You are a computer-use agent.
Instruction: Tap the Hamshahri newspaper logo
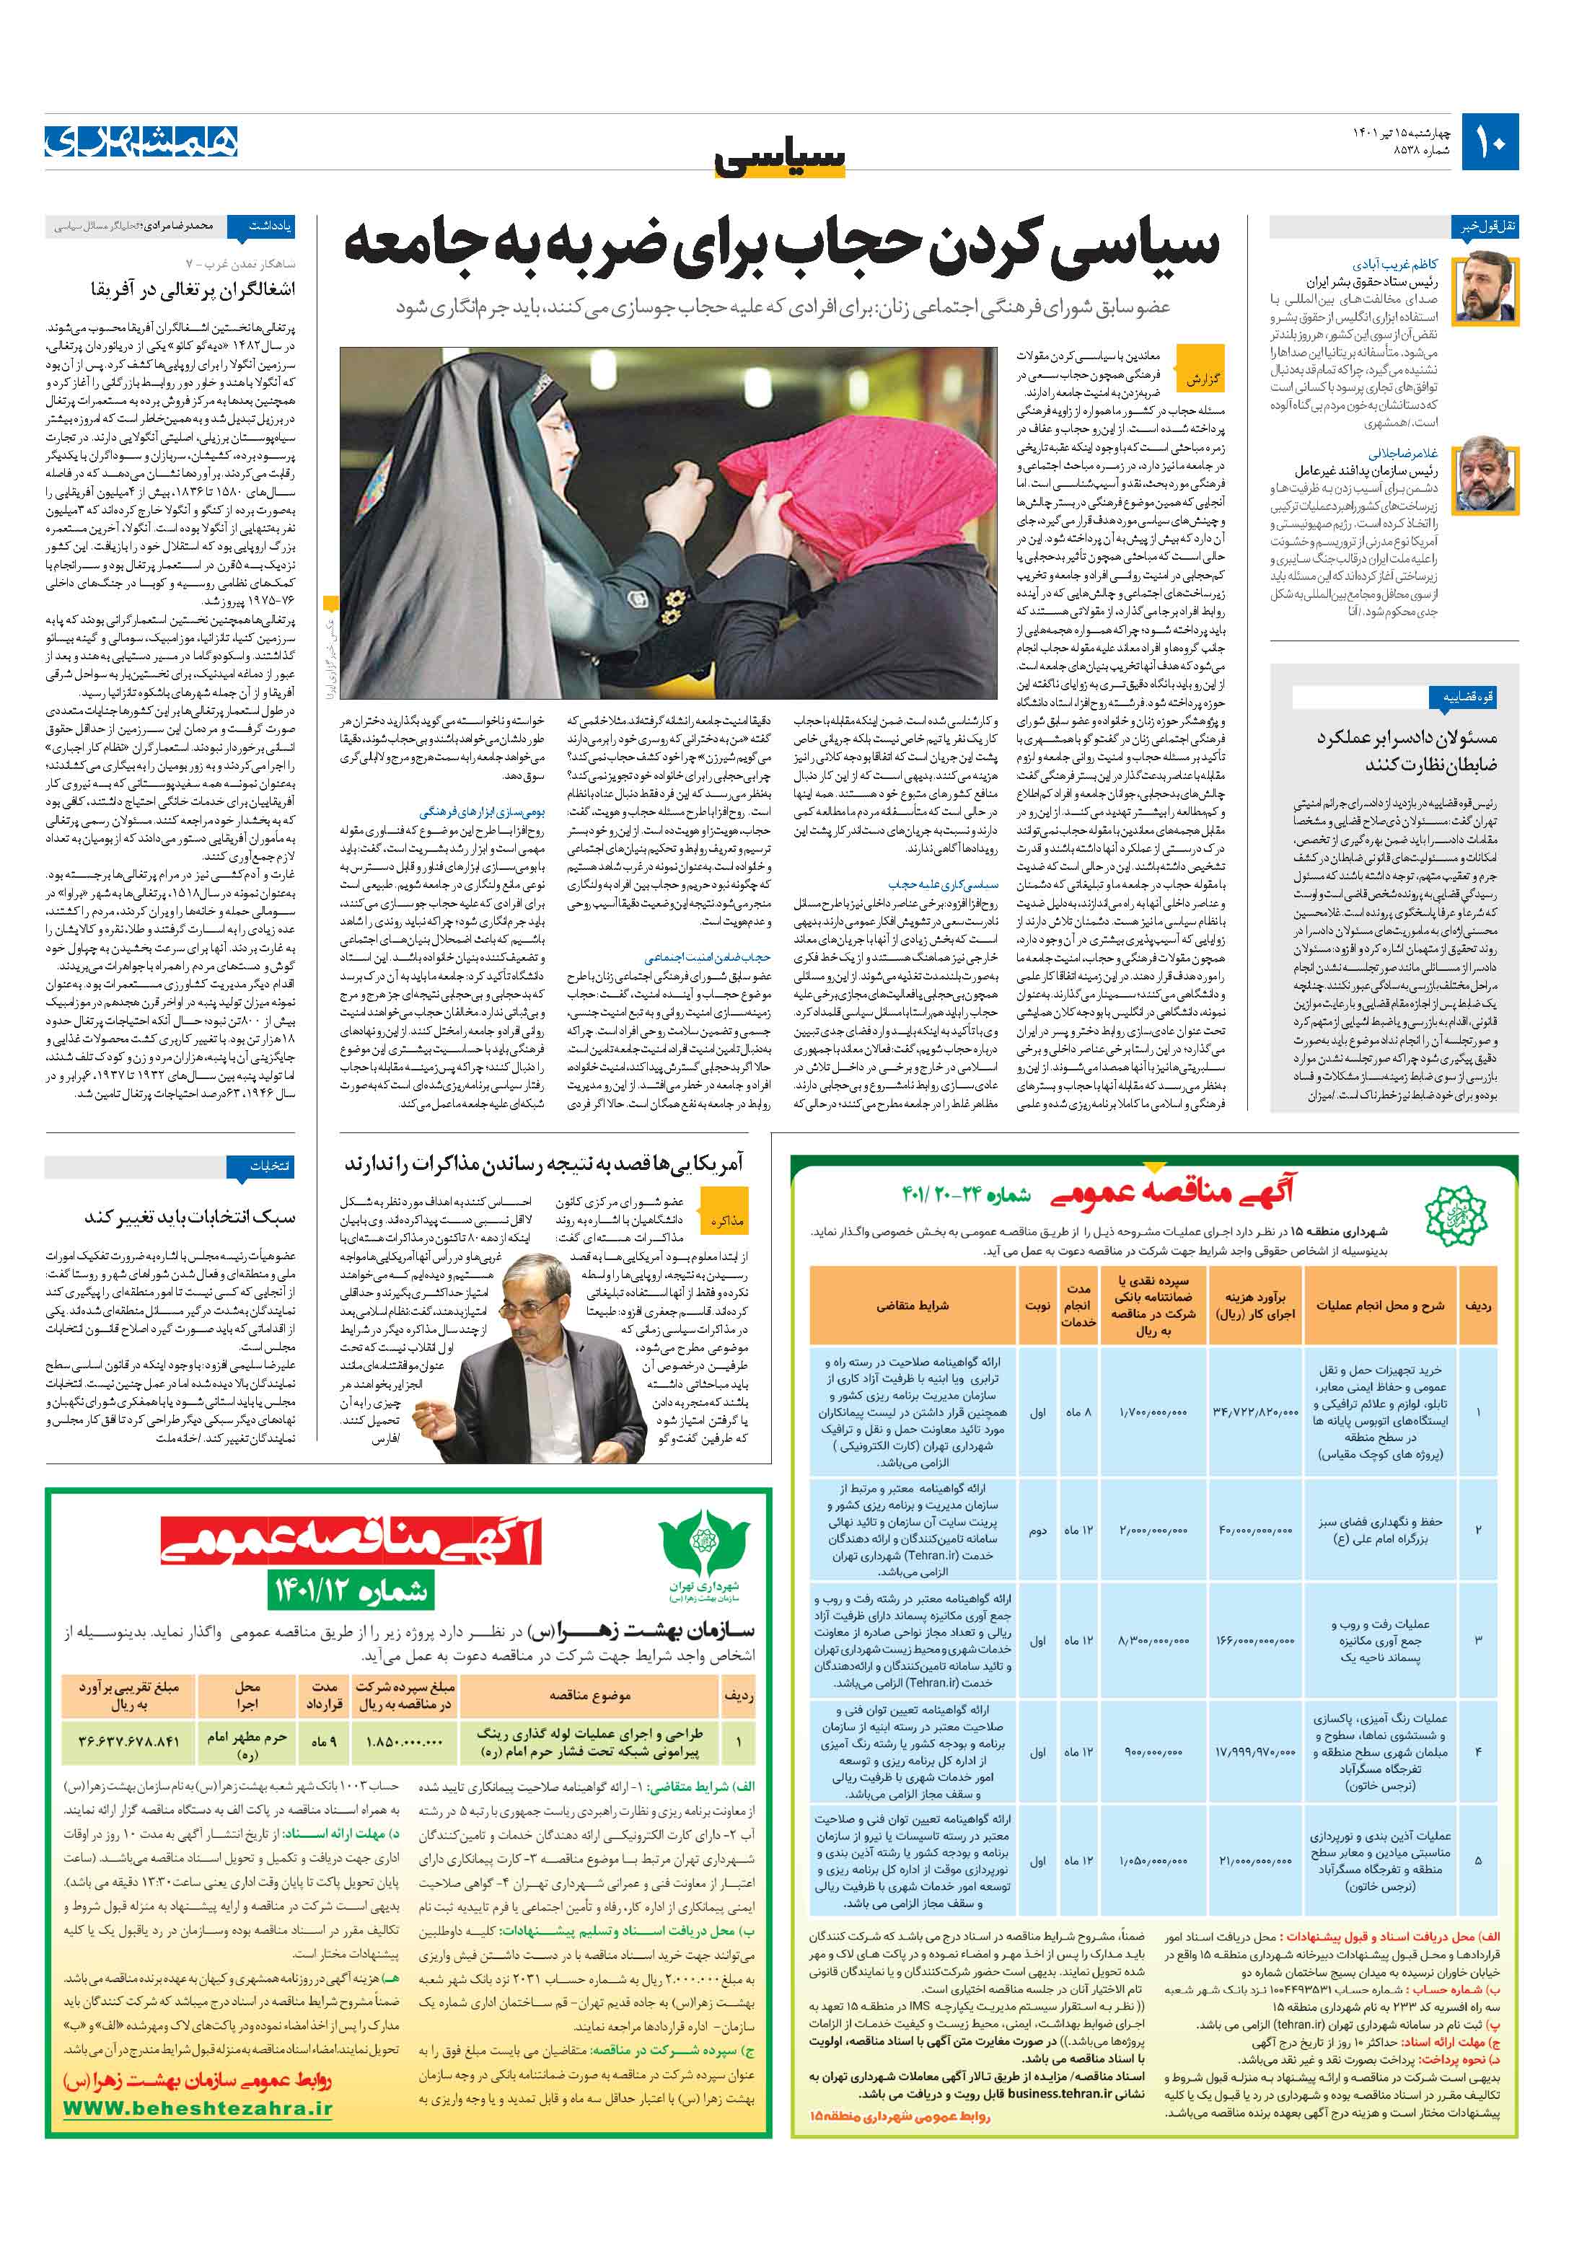pyautogui.click(x=141, y=141)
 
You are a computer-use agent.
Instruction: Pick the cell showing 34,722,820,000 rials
pyautogui.click(x=1255, y=1413)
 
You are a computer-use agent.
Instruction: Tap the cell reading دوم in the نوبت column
pyautogui.click(x=1038, y=1531)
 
